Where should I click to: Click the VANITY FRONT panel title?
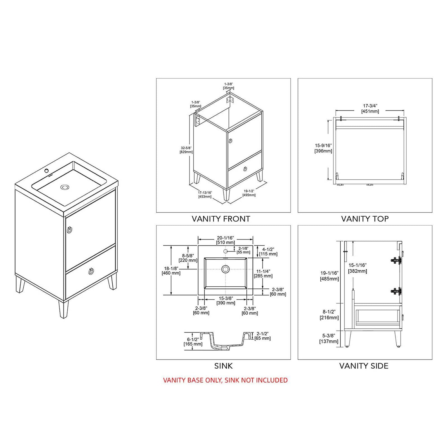(x=221, y=219)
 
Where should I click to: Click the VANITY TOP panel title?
(x=365, y=219)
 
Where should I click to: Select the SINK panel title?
(x=223, y=366)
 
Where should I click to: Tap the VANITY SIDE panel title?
(x=364, y=366)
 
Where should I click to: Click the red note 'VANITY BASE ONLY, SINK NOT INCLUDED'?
(x=225, y=380)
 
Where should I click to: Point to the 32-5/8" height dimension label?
(x=186, y=150)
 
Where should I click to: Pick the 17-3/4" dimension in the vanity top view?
(x=370, y=108)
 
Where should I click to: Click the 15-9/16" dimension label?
(x=323, y=148)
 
